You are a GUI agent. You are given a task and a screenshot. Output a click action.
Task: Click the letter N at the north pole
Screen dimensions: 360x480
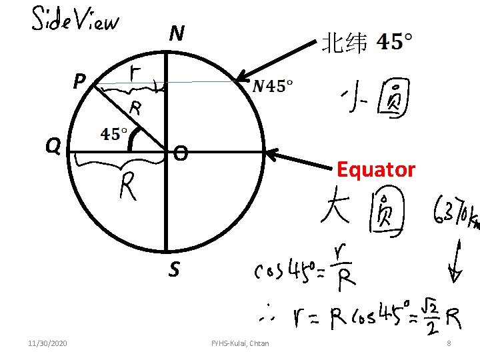(x=177, y=33)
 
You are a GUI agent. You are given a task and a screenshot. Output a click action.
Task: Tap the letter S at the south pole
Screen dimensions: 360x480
(x=173, y=270)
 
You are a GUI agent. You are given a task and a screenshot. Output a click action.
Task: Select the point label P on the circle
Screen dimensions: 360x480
(x=79, y=81)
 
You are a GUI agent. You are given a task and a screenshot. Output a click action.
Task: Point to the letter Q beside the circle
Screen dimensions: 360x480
(x=54, y=145)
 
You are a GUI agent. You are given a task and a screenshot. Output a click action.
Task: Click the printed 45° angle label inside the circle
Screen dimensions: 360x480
(x=115, y=134)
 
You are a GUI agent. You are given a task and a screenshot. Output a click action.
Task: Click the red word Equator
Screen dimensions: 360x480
(x=376, y=170)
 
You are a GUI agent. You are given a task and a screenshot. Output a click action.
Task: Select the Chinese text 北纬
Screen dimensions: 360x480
(x=344, y=44)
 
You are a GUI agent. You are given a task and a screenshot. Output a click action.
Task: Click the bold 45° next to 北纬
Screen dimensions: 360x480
(x=394, y=43)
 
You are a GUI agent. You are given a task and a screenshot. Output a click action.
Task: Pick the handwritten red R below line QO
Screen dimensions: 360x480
(x=129, y=186)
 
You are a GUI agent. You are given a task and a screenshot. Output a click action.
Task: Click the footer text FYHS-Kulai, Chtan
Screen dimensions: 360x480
(x=240, y=343)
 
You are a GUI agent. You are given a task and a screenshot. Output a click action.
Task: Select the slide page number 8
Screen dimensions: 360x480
(x=449, y=343)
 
